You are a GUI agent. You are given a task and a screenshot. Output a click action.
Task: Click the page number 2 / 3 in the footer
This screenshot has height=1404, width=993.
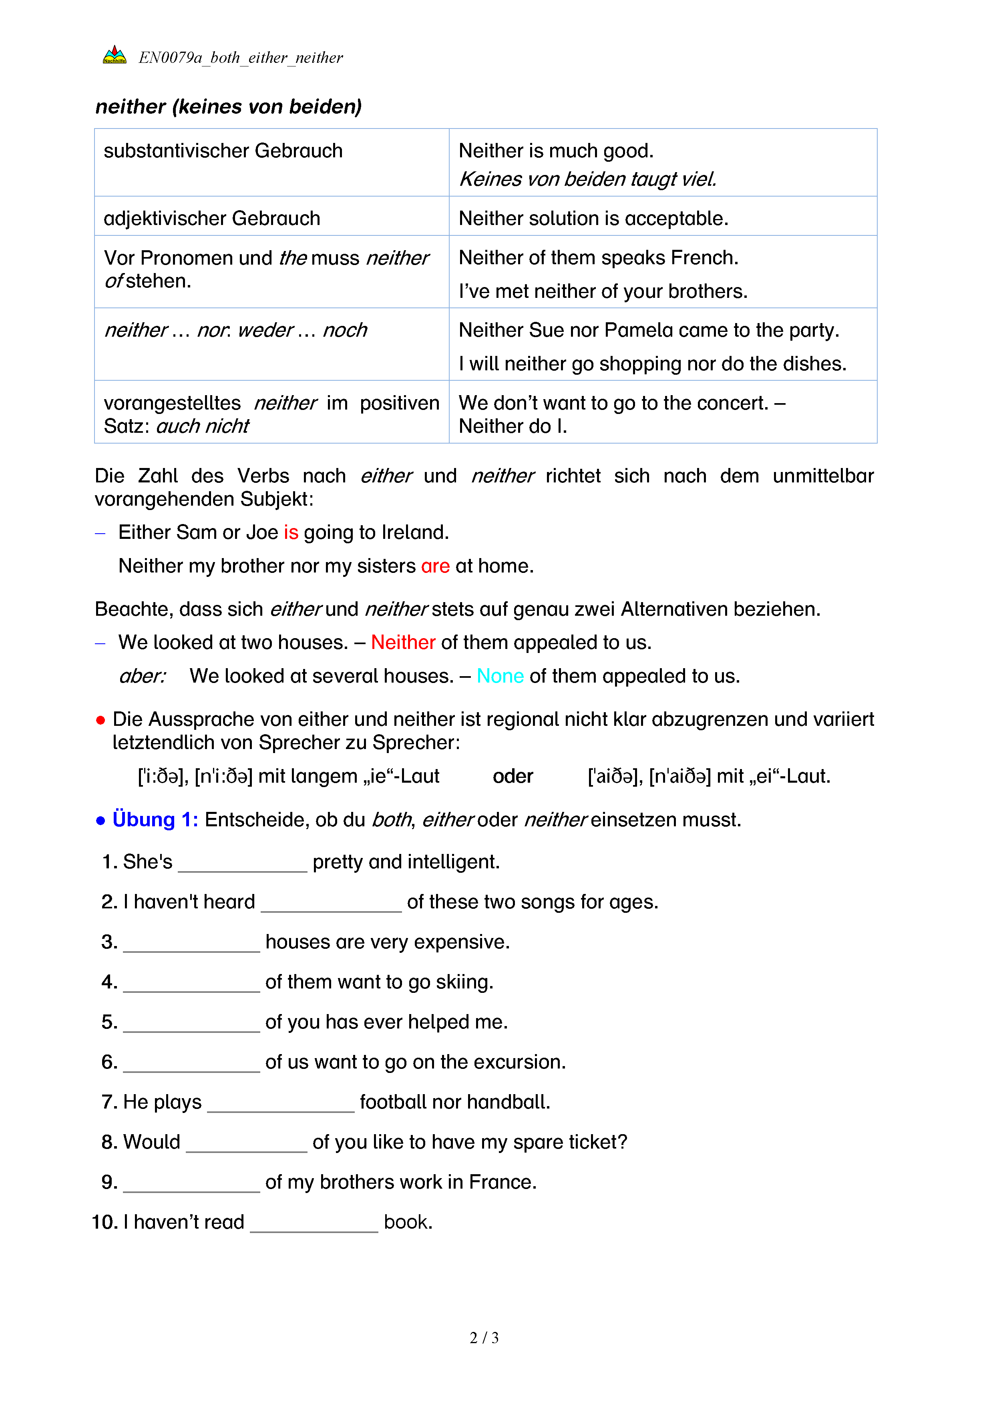(484, 1338)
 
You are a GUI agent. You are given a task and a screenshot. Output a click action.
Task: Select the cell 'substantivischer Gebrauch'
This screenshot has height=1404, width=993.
(223, 151)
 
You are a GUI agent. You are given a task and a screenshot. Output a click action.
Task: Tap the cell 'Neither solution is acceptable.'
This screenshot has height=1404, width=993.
(593, 218)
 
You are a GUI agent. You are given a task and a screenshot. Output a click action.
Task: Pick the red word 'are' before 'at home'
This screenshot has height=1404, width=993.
(435, 566)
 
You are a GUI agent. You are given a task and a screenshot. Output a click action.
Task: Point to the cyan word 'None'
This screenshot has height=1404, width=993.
(500, 676)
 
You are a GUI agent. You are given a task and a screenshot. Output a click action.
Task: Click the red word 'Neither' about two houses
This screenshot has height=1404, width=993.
(403, 643)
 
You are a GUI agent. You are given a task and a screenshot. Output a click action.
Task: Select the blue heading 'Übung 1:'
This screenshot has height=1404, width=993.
(155, 820)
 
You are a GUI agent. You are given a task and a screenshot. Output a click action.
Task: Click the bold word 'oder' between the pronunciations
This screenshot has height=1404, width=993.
(513, 777)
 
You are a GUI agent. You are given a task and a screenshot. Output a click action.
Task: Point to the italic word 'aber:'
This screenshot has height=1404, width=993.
(142, 676)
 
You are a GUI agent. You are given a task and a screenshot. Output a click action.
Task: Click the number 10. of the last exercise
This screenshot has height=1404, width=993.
(105, 1222)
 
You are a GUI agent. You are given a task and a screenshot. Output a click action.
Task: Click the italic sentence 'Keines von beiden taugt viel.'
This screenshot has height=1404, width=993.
(587, 179)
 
